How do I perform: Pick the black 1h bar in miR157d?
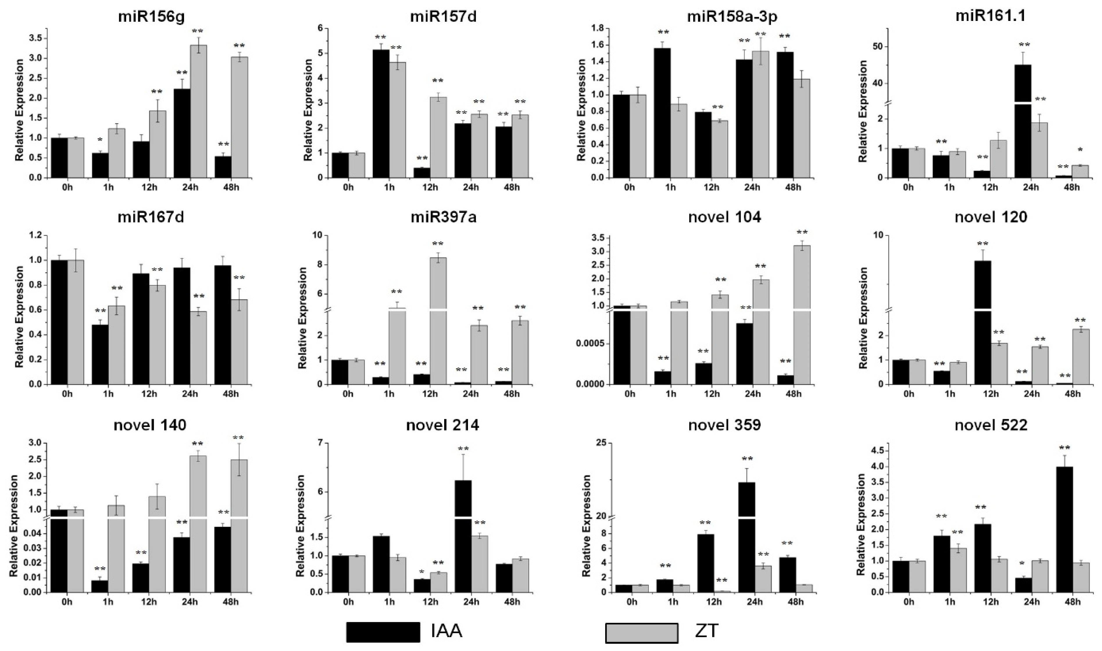[x=381, y=114]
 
